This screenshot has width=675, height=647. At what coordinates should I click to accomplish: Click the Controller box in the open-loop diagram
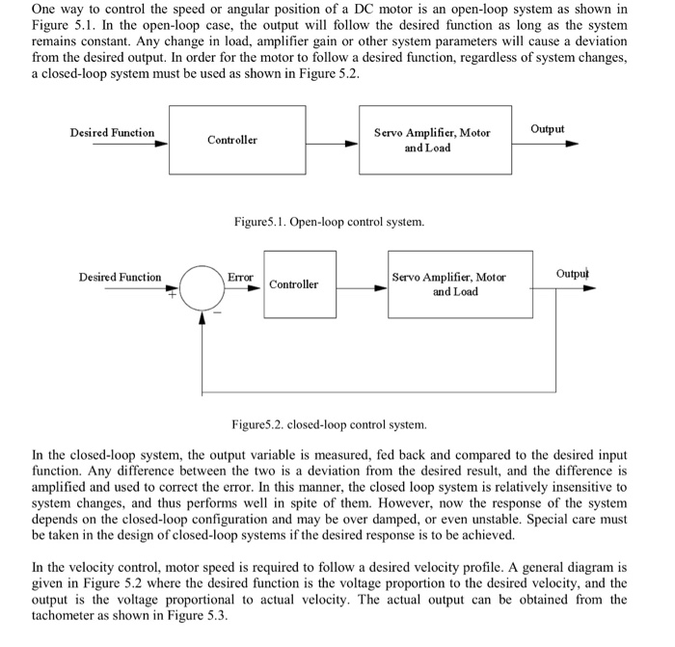click(232, 141)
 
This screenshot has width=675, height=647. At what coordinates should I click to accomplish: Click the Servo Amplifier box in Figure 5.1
click(431, 141)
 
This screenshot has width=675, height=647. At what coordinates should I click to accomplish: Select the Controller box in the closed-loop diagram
click(293, 284)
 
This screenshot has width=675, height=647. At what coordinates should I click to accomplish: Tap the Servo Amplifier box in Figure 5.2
click(461, 283)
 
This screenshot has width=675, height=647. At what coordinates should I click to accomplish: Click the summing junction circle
click(202, 286)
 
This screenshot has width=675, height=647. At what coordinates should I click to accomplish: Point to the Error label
click(240, 277)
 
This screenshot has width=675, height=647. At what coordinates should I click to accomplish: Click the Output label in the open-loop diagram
click(548, 129)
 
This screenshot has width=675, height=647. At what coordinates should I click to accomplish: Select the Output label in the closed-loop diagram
click(572, 274)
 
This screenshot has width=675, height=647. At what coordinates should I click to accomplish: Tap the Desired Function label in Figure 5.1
click(112, 133)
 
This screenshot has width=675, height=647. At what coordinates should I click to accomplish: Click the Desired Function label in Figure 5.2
click(121, 278)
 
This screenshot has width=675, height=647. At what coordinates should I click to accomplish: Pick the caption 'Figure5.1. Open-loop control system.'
click(329, 222)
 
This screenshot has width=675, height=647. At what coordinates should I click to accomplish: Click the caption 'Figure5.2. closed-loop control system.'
click(329, 424)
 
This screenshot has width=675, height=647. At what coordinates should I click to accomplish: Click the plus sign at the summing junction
click(175, 296)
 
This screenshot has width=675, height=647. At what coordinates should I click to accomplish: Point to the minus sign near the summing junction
click(217, 311)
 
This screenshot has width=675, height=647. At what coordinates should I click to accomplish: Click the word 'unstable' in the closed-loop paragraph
click(528, 519)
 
